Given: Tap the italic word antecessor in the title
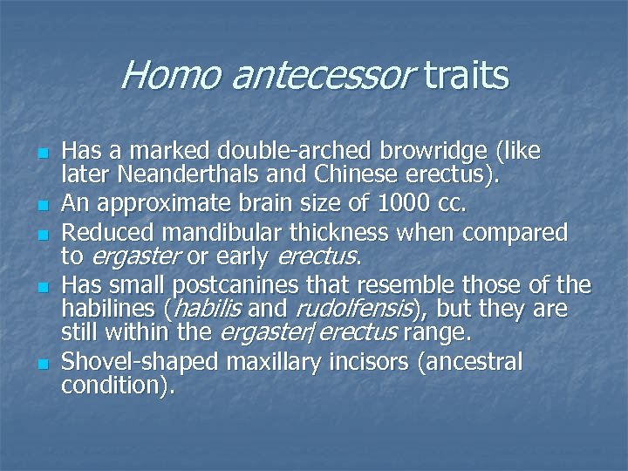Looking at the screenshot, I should coord(320,76).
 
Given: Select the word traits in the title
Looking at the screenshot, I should coord(468,76).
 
